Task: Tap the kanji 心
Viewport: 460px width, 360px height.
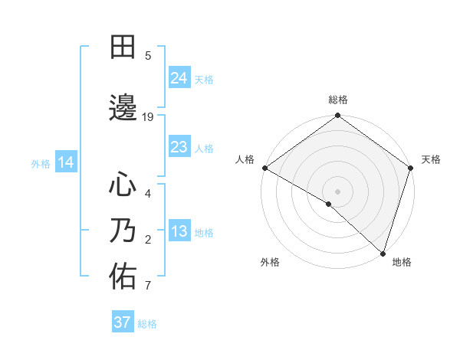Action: tap(123, 185)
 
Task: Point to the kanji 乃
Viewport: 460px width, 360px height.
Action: tap(123, 231)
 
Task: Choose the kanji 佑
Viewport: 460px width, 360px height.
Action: tap(123, 277)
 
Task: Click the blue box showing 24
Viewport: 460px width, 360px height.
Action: tap(179, 77)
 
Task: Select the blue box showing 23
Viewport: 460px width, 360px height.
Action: tap(179, 147)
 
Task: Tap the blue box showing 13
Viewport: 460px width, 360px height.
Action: tap(179, 232)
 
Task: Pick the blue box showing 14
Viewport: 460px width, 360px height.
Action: tap(66, 162)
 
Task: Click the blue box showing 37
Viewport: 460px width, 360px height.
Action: tap(122, 322)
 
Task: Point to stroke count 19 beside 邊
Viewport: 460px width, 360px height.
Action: tap(148, 116)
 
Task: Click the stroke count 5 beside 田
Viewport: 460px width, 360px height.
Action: tap(148, 56)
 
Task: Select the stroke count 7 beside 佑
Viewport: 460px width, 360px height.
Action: tap(148, 286)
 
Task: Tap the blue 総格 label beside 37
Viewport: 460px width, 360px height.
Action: tap(148, 324)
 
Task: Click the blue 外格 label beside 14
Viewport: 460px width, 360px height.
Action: tap(40, 163)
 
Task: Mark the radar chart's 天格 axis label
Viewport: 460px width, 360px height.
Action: tap(431, 159)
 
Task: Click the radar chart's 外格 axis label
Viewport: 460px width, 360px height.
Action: tap(270, 262)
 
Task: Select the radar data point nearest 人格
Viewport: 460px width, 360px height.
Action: tap(264, 168)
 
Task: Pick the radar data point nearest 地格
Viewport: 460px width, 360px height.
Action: tap(382, 252)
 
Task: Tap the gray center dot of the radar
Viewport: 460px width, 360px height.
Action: tap(337, 191)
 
